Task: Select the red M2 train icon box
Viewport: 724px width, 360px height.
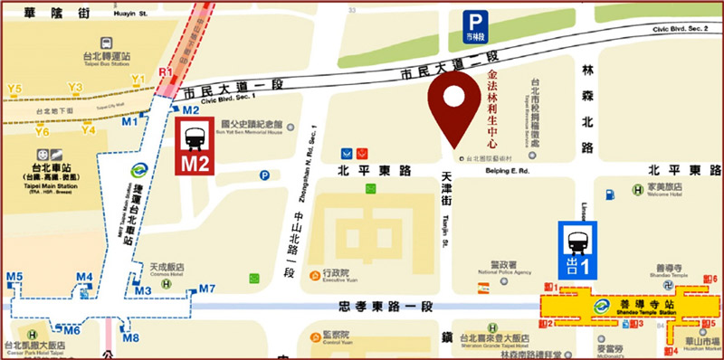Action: coord(194,147)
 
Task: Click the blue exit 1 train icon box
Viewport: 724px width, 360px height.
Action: coord(576,251)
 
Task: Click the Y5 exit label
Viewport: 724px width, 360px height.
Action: coord(14,89)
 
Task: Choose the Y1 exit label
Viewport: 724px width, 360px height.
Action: coord(138,81)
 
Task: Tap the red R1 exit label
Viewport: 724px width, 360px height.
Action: coord(165,71)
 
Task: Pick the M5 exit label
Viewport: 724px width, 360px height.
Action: coord(14,276)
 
